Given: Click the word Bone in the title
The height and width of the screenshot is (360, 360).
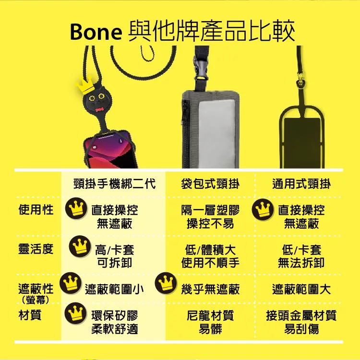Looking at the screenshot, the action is pos(96,32).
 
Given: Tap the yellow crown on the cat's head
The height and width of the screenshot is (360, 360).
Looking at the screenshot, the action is pos(84,85).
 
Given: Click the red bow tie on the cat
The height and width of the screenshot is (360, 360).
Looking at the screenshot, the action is pos(99,110).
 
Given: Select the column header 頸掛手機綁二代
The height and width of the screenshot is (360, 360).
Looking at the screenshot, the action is pos(115,184).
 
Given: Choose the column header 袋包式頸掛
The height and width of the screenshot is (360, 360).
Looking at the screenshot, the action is pos(210,184).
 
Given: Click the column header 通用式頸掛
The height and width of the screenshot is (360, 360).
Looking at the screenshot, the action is pos(301,184).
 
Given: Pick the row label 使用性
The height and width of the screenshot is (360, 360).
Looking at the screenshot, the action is pos(36,209).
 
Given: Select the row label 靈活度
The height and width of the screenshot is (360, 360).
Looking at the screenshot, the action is pos(36,249).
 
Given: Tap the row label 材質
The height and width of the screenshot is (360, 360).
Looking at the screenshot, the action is pos(30,315).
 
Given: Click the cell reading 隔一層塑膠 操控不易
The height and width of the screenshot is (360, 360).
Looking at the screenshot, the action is pos(210,217).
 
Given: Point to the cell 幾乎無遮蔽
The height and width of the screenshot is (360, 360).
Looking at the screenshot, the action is pos(210,289).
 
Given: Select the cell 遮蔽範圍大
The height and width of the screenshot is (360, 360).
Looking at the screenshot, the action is pos(301,289).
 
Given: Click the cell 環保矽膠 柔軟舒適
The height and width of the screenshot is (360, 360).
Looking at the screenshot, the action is pos(115,322).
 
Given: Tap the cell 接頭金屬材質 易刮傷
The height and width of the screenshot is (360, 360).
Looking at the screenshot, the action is pos(301,322).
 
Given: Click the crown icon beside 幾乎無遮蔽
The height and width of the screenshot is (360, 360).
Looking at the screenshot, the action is pos(166,283).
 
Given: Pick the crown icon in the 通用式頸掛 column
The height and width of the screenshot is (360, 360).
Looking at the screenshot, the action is pos(263,209).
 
